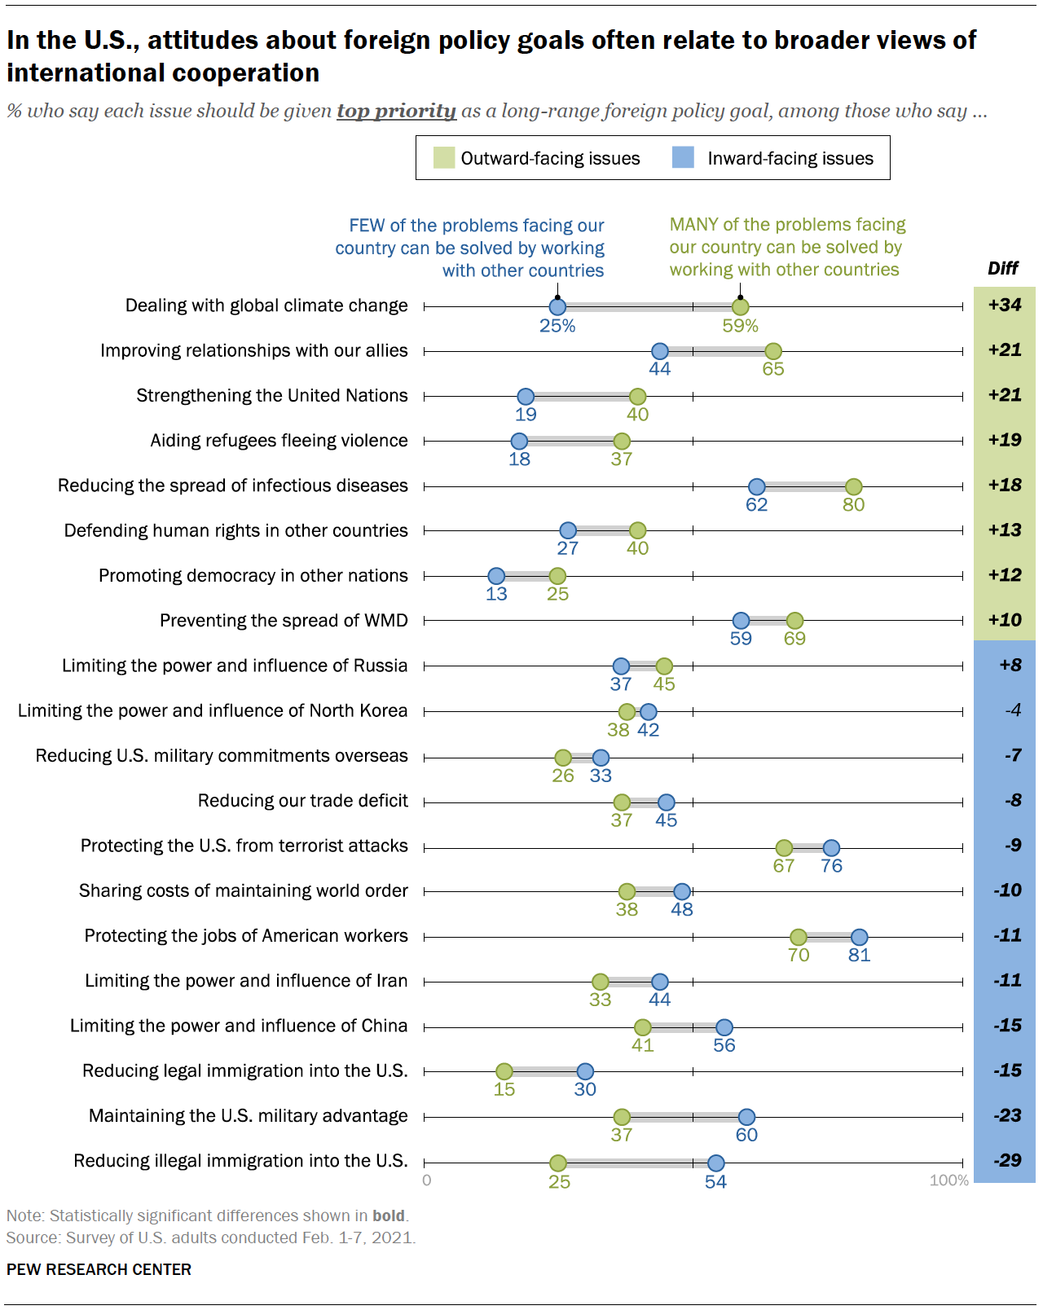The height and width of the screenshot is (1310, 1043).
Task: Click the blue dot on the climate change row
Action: click(557, 307)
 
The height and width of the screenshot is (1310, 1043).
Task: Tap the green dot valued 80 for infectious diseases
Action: click(853, 486)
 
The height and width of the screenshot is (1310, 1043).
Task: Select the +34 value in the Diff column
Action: click(1004, 305)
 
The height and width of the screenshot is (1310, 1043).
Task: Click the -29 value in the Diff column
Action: click(1006, 1160)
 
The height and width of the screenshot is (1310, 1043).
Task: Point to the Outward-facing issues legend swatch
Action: click(444, 158)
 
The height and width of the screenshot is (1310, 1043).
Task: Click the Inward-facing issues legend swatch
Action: click(683, 158)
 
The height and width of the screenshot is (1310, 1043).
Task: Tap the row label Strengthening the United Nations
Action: click(272, 396)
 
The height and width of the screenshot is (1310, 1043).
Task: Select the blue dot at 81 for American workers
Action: click(859, 937)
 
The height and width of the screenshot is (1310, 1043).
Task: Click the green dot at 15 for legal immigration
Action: click(504, 1071)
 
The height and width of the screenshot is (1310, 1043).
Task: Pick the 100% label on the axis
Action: click(948, 1180)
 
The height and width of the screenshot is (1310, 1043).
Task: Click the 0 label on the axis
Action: click(427, 1180)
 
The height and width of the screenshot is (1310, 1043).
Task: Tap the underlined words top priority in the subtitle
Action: click(396, 111)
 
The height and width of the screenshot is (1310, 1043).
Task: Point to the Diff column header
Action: click(1003, 269)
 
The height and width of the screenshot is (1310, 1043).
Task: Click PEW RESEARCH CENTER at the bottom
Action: click(99, 1269)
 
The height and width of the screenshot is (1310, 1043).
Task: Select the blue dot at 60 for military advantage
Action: click(746, 1117)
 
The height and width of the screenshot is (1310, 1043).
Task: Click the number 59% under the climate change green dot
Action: click(740, 326)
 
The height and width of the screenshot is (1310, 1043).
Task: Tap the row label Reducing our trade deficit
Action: click(302, 801)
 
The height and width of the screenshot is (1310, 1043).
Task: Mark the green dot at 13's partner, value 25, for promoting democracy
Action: click(557, 576)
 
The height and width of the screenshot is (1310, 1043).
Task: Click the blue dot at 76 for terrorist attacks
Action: click(831, 847)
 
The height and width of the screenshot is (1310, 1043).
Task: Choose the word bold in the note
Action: click(388, 1215)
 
